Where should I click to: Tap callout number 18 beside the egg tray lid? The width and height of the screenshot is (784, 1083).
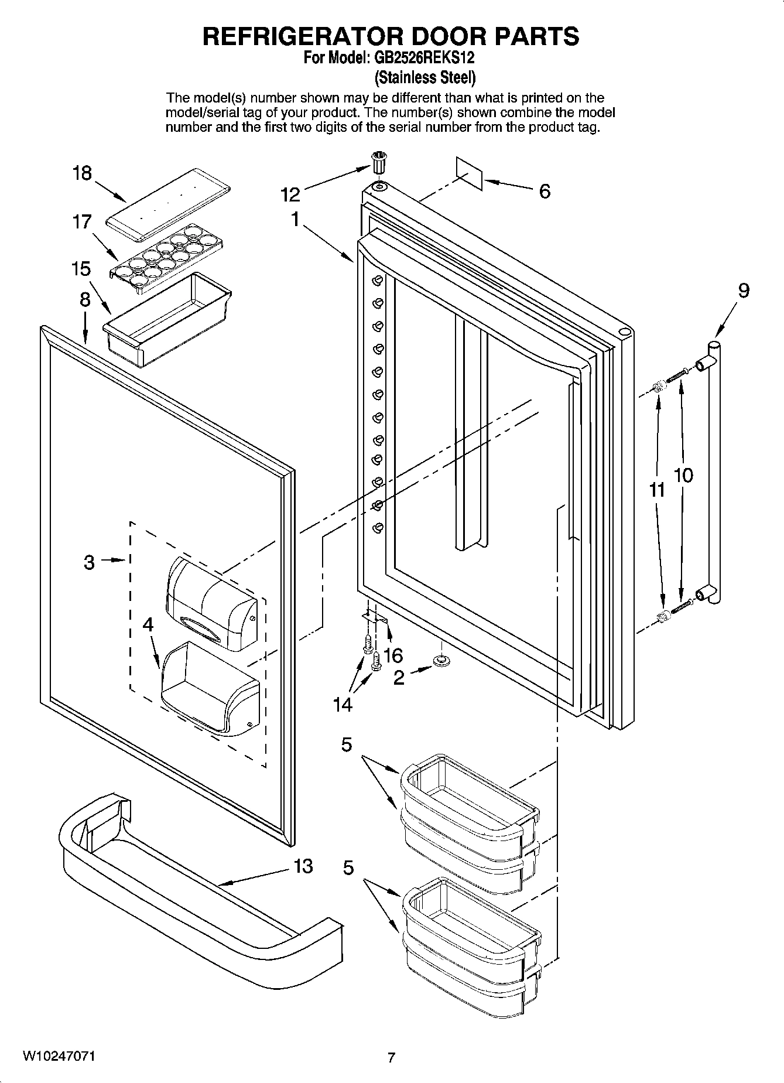tap(82, 173)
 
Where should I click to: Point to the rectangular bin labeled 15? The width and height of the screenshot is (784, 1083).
tap(167, 320)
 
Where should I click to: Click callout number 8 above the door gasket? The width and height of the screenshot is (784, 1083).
tap(85, 300)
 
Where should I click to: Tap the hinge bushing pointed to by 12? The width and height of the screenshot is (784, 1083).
tap(379, 162)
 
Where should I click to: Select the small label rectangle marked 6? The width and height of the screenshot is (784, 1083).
tap(470, 173)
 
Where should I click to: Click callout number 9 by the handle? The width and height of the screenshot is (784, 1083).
tap(743, 291)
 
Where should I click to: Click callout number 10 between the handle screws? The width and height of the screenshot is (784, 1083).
tap(683, 475)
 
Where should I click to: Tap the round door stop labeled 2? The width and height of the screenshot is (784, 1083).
tap(440, 661)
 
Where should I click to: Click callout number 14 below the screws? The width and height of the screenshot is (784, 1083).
tap(343, 704)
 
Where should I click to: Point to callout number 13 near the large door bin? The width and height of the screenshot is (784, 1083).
tap(303, 866)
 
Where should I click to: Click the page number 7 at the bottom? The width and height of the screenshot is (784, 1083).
tap(391, 1057)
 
